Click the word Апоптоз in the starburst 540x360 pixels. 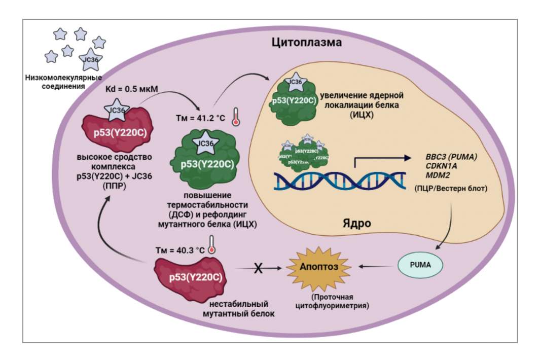[x=312, y=266]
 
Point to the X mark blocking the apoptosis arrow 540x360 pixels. [x=258, y=269]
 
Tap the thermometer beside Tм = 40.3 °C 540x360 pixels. [x=211, y=244]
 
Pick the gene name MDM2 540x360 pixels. [x=428, y=176]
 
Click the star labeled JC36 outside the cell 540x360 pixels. [x=90, y=59]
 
